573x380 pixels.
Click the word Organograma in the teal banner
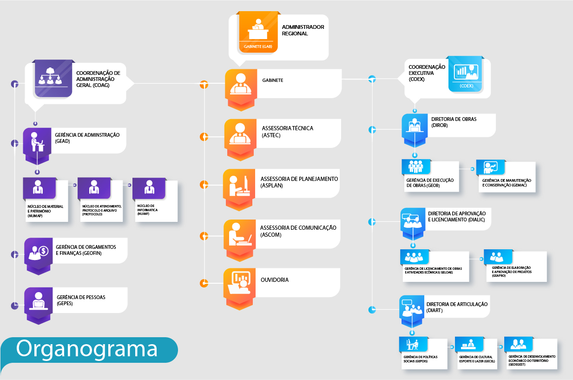pos(87,349)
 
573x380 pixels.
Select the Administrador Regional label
pos(303,30)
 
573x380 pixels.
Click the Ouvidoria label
pos(275,280)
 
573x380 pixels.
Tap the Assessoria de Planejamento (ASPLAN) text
pos(299,182)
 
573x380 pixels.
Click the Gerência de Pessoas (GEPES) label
pos(81,300)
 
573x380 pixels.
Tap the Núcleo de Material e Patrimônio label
pos(45,211)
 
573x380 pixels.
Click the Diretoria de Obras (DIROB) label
pos(454,122)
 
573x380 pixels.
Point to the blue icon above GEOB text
pos(415,167)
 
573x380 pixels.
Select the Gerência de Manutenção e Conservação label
pos(507,183)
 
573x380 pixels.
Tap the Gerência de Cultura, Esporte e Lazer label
pos(477,359)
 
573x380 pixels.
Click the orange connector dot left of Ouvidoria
pos(204,283)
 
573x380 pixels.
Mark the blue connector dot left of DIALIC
pos(372,222)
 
